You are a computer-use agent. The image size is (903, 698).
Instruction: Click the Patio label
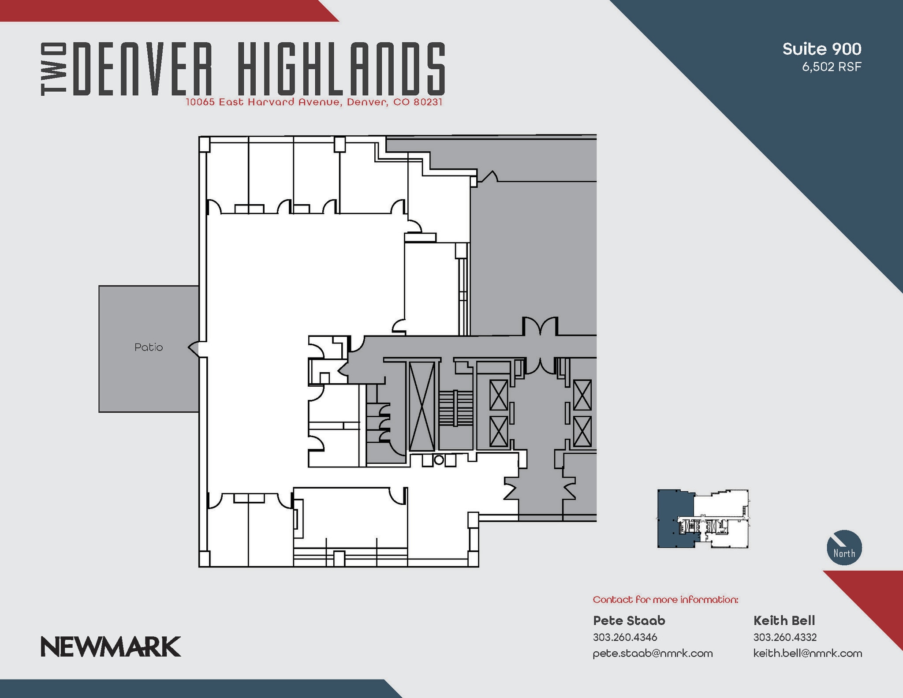(149, 347)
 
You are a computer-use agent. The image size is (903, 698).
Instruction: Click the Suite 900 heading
(821, 49)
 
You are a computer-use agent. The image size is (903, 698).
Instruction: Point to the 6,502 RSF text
(831, 67)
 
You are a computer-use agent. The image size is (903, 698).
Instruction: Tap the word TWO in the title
(54, 69)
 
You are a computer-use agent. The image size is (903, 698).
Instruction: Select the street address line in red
(314, 102)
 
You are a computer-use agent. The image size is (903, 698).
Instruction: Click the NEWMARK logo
(111, 646)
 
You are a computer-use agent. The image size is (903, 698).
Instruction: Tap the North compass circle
(844, 547)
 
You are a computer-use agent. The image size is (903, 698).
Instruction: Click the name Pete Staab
(629, 620)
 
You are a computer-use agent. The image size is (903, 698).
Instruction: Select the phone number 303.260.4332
(785, 637)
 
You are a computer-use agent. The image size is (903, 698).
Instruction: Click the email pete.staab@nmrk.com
(653, 653)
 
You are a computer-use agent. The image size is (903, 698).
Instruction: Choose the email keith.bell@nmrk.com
(807, 653)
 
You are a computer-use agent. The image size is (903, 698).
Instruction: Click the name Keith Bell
(784, 620)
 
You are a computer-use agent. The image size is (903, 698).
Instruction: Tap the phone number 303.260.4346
(625, 637)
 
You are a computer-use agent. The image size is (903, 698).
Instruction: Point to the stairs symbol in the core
(455, 408)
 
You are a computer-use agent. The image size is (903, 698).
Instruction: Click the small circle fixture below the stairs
(439, 460)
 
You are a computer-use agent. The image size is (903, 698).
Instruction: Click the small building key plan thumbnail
(702, 519)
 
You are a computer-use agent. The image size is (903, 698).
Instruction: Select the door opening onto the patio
(194, 348)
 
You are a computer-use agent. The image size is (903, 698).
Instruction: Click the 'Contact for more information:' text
(665, 600)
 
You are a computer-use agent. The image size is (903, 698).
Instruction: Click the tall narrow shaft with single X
(422, 406)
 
